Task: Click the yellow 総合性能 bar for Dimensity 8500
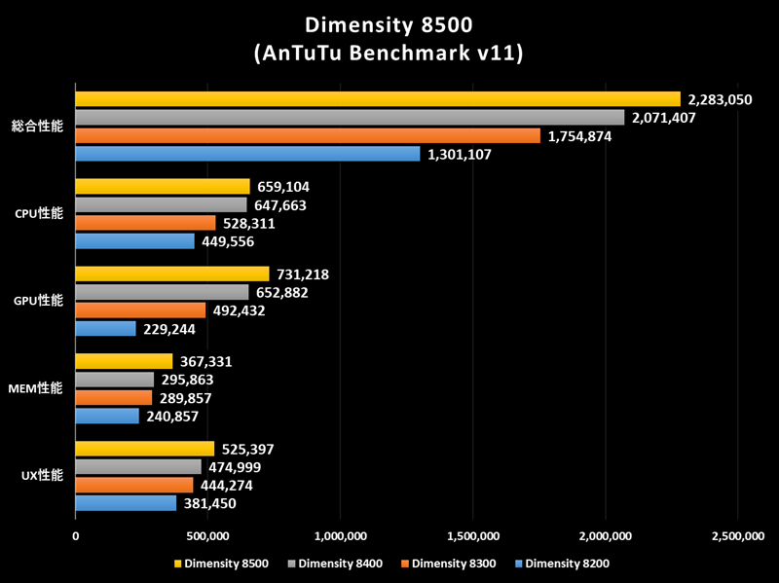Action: [x=378, y=99]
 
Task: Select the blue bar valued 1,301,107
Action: [x=248, y=154]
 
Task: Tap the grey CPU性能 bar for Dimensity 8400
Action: [x=161, y=205]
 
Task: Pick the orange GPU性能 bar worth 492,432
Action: [x=140, y=310]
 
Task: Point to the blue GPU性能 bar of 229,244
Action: [x=105, y=329]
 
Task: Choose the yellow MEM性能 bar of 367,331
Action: [x=124, y=361]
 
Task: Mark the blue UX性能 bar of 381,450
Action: [x=126, y=503]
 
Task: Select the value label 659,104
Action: [x=286, y=187]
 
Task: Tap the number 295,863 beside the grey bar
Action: [x=190, y=380]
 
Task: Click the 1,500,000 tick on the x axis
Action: [x=472, y=535]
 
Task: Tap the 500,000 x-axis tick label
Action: [x=207, y=535]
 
